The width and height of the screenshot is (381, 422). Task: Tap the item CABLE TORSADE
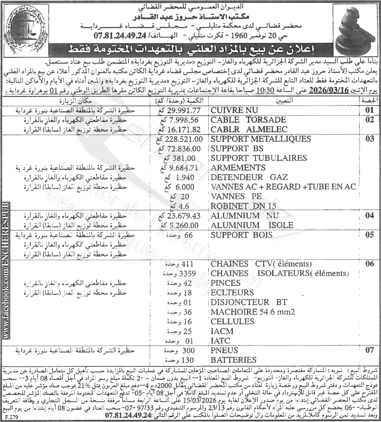[x=248, y=120]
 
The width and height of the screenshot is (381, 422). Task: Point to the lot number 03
[x=370, y=139]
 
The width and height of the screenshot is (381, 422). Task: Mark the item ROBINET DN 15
[x=244, y=206]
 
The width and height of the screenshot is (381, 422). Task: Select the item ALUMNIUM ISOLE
[x=252, y=225]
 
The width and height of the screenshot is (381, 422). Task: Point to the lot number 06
[x=370, y=264]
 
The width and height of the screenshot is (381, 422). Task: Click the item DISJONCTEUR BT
[x=249, y=303]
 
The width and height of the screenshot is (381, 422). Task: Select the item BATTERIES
[x=234, y=360]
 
